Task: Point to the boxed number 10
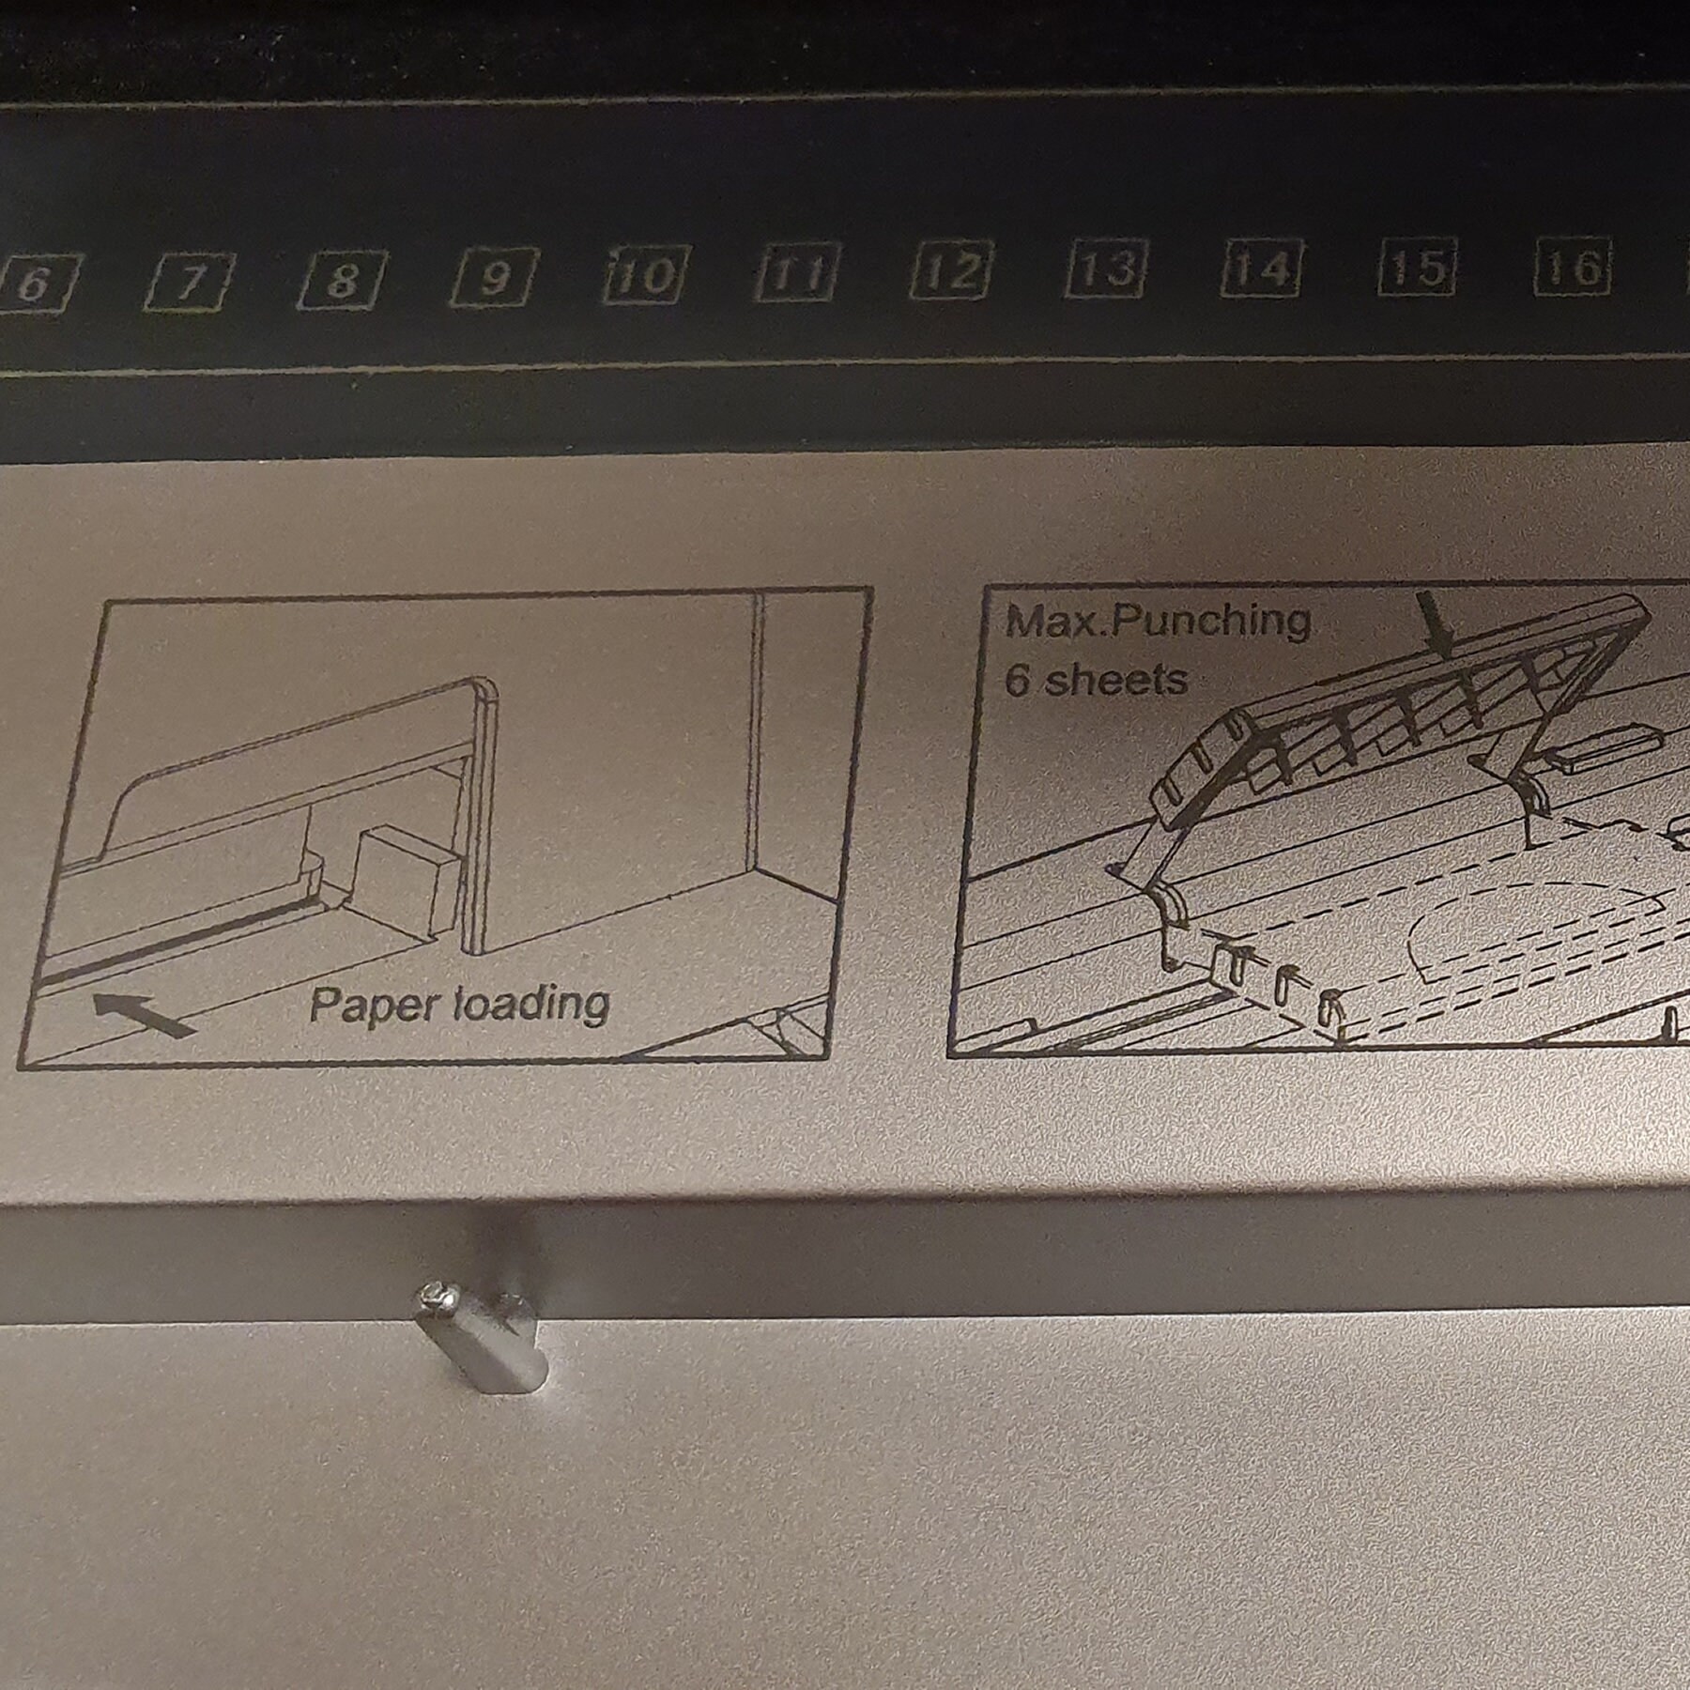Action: click(647, 275)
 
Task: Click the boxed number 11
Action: click(798, 273)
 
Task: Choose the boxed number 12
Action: click(952, 270)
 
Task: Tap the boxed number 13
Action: click(1107, 269)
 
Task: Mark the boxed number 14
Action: click(1261, 268)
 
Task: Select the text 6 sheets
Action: click(1096, 679)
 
